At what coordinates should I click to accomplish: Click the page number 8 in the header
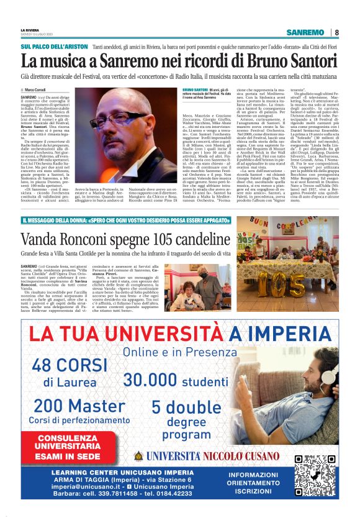tap(336, 33)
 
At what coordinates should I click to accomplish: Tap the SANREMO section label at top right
tap(308, 33)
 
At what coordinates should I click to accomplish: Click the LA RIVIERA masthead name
tap(30, 29)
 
